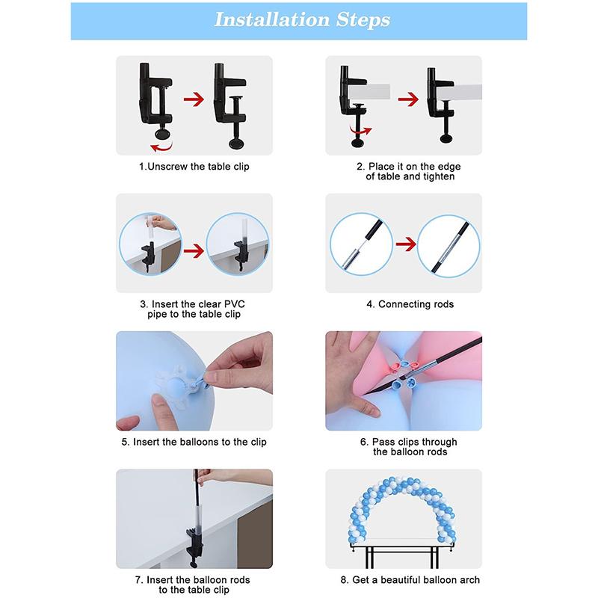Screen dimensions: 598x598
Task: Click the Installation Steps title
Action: point(301,19)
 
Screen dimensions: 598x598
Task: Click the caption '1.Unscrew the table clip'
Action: point(194,166)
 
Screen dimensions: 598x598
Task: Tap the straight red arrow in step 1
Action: point(194,98)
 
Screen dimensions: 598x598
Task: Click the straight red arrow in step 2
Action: point(408,98)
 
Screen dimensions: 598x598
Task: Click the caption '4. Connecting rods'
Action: point(410,304)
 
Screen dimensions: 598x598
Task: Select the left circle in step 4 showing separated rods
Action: point(363,242)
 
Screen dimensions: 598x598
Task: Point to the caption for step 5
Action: point(194,442)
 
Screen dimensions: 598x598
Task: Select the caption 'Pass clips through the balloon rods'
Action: point(410,447)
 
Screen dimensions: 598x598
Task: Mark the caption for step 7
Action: point(194,585)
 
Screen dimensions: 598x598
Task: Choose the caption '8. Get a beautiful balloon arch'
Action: point(410,580)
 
